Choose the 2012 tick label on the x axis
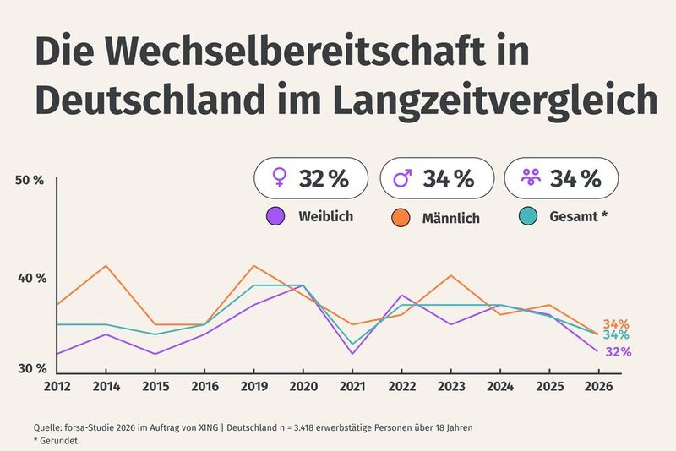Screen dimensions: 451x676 (56, 388)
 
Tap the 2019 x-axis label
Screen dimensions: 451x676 (253, 388)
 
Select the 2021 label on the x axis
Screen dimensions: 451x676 (352, 388)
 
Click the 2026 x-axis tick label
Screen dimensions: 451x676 (599, 388)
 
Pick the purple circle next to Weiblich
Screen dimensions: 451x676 (275, 216)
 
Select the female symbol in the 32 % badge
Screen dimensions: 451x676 (279, 178)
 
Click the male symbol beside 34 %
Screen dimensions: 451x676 (404, 178)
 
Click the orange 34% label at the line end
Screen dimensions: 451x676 (616, 324)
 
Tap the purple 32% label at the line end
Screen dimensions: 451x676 (618, 351)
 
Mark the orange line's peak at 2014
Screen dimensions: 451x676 (106, 266)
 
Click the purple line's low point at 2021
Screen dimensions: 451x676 (352, 353)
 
